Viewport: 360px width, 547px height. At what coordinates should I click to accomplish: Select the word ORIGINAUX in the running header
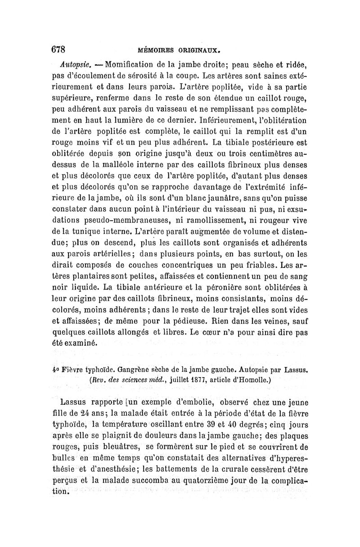[198, 50]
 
